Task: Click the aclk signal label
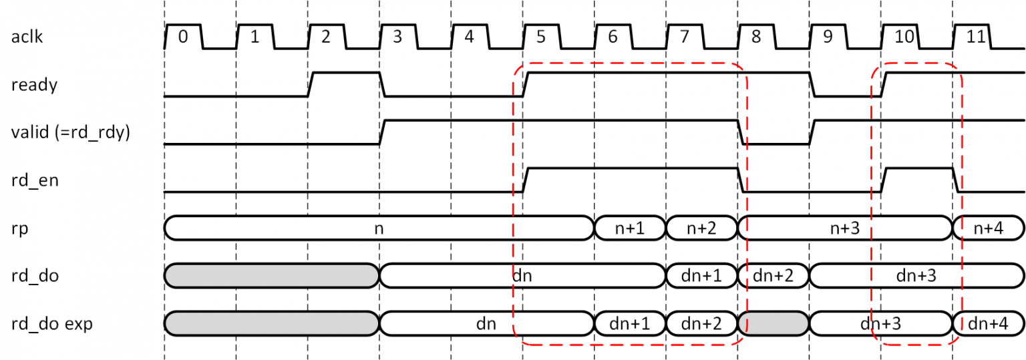pyautogui.click(x=27, y=37)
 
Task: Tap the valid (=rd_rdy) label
pyautogui.click(x=71, y=133)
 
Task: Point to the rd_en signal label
pyautogui.click(x=35, y=180)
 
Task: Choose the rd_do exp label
pyautogui.click(x=51, y=324)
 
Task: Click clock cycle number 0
pyautogui.click(x=183, y=37)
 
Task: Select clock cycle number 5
pyautogui.click(x=541, y=37)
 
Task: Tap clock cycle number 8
pyautogui.click(x=756, y=37)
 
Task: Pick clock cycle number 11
pyautogui.click(x=977, y=37)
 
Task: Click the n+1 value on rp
pyautogui.click(x=629, y=228)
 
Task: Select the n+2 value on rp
pyautogui.click(x=701, y=228)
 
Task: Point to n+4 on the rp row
pyautogui.click(x=989, y=228)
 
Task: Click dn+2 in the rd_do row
pyautogui.click(x=774, y=275)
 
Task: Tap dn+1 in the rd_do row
pyautogui.click(x=701, y=275)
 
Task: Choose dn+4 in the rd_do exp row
pyautogui.click(x=989, y=324)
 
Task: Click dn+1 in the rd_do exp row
pyautogui.click(x=629, y=324)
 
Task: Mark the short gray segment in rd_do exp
pyautogui.click(x=774, y=324)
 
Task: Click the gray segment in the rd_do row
pyautogui.click(x=271, y=275)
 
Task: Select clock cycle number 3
pyautogui.click(x=397, y=37)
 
